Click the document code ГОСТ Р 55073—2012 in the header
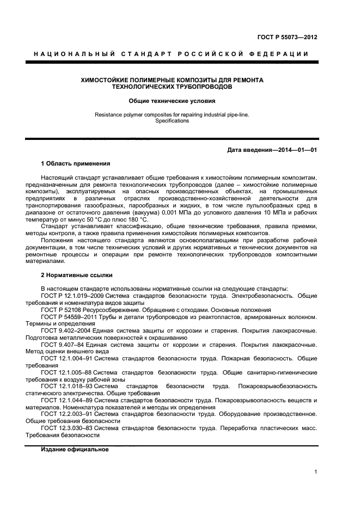[x=288, y=37]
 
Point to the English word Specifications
[x=172, y=121]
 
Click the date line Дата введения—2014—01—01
[x=272, y=150]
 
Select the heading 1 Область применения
[x=76, y=163]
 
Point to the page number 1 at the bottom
[x=316, y=472]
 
